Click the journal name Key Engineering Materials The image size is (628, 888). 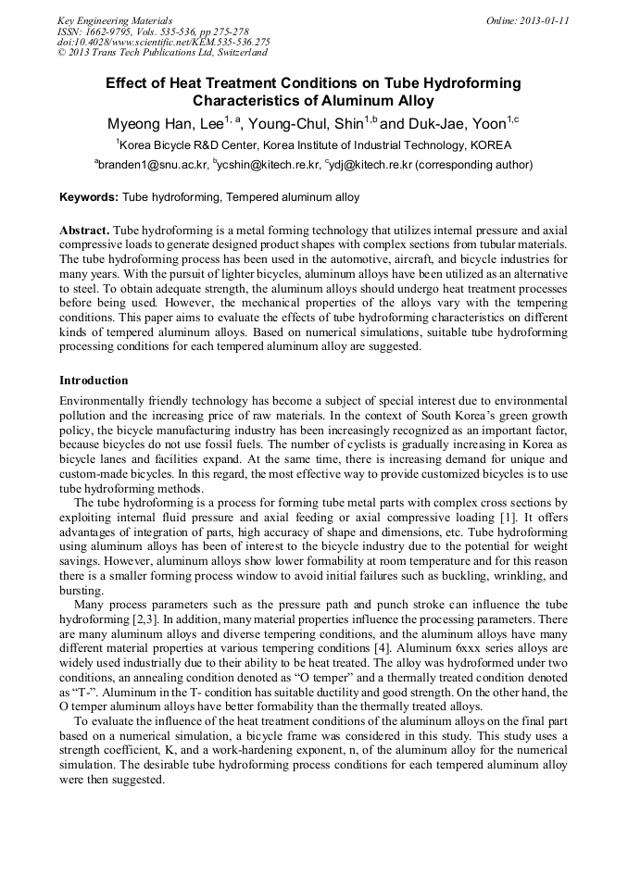pos(115,19)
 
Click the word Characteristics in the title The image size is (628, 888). pos(245,101)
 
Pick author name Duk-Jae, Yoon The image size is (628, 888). pos(454,124)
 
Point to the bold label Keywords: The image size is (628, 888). pos(89,197)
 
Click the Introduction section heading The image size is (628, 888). pos(94,381)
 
